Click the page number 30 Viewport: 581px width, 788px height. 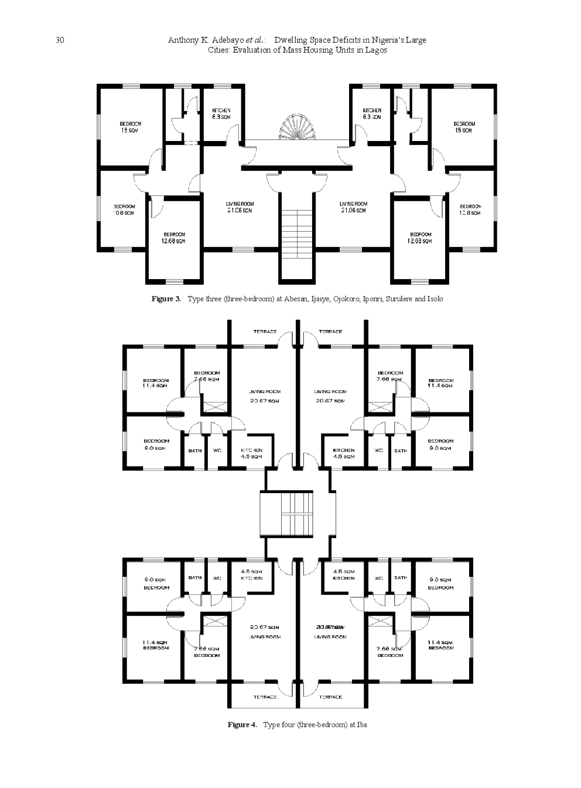[59, 40]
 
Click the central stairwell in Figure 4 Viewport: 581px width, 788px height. [298, 513]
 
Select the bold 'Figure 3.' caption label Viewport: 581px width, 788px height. [166, 299]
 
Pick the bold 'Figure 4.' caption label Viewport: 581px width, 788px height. [242, 725]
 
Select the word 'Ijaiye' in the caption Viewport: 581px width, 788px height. [320, 299]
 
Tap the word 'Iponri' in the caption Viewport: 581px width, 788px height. [372, 299]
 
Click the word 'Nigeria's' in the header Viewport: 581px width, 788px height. [388, 40]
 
